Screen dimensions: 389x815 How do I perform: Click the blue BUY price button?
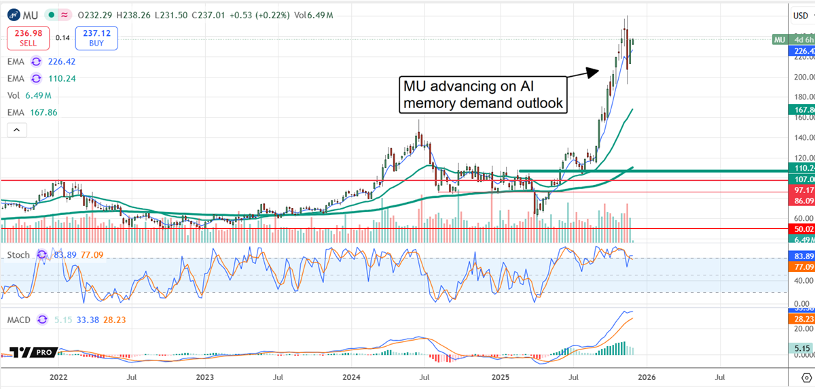click(96, 37)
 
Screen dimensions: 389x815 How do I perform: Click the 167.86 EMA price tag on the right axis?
click(801, 109)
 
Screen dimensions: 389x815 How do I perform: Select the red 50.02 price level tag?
click(801, 229)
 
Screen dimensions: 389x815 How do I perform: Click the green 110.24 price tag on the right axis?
click(801, 167)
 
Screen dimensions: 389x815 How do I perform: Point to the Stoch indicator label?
click(18, 255)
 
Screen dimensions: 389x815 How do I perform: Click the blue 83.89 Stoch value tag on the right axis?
click(801, 255)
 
